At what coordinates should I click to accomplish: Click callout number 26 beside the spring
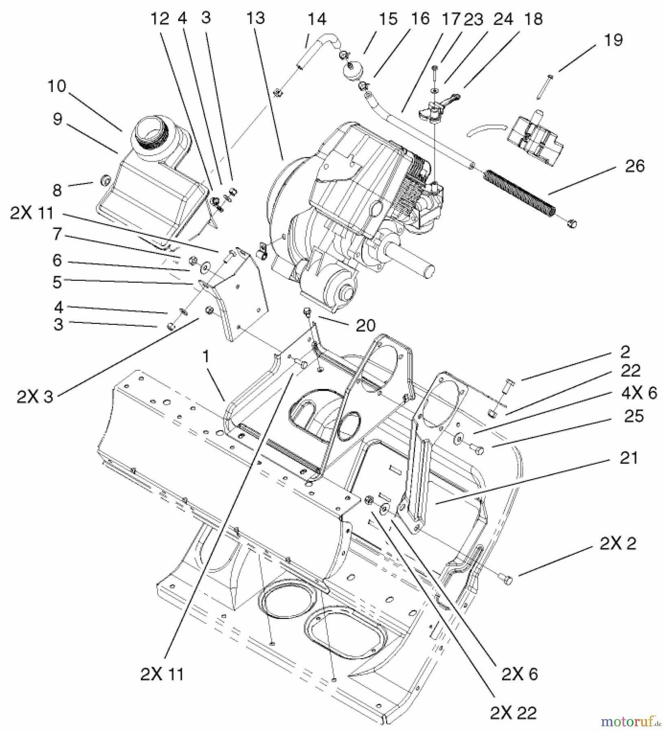point(635,166)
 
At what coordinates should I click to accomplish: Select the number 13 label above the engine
point(255,18)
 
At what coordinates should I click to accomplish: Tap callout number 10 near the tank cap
point(57,86)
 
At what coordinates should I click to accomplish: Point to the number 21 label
point(628,458)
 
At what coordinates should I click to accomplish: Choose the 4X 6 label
point(639,393)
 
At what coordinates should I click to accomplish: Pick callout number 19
point(614,40)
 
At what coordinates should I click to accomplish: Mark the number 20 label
point(365,325)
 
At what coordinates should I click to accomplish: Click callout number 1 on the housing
point(206,357)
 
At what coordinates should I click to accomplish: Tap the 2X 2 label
point(618,544)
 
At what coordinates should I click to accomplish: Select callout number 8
point(57,190)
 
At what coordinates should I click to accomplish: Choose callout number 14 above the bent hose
point(317,19)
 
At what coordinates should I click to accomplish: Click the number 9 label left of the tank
point(57,119)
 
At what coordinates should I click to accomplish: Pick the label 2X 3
point(35,397)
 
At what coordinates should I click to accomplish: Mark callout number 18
point(533,19)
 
